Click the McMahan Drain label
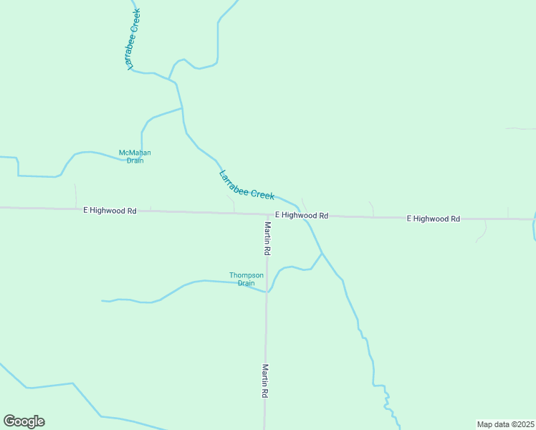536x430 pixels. [135, 156]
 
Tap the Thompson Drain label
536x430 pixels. [241, 279]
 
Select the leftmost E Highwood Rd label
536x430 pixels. [110, 211]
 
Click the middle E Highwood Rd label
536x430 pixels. [301, 215]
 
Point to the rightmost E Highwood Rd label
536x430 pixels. [433, 218]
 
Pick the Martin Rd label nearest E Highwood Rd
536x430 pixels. [267, 239]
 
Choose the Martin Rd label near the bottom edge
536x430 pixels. [265, 381]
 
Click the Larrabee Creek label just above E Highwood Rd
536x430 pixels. [247, 185]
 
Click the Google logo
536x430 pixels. [24, 421]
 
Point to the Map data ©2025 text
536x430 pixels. [505, 424]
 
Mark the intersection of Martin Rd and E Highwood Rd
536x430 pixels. [267, 214]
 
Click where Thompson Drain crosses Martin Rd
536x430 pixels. [267, 291]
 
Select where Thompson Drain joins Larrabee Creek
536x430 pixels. [322, 254]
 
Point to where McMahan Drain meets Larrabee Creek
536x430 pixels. [182, 108]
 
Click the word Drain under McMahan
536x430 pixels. [135, 161]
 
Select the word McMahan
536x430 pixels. [135, 153]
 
